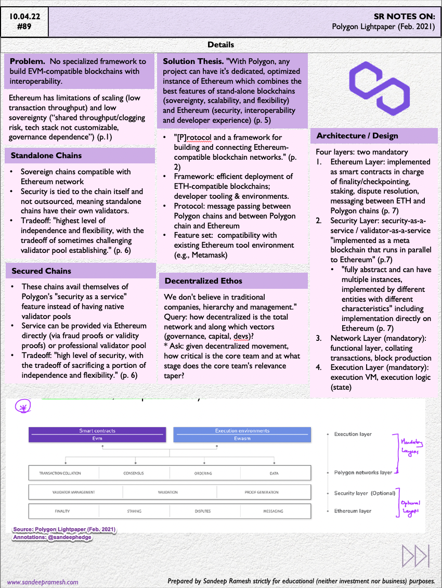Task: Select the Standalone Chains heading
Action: coord(46,156)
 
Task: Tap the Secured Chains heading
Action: coord(41,271)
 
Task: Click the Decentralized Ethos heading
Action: coord(203,281)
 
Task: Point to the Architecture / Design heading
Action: coord(357,136)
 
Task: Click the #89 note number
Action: coord(24,27)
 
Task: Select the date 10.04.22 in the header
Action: coord(24,16)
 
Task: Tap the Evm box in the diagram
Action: coord(98,439)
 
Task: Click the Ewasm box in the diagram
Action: coord(242,439)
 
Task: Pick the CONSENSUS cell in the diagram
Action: coord(134,473)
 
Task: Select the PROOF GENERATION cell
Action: coord(264,492)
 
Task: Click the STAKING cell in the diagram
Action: coord(134,511)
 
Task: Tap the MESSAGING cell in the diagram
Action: coord(274,511)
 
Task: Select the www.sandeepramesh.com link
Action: coord(43,582)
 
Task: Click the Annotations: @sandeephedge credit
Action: coord(52,537)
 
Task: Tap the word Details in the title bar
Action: coord(220,45)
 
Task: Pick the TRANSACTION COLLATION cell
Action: coord(60,473)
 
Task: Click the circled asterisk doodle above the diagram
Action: coord(22,407)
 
